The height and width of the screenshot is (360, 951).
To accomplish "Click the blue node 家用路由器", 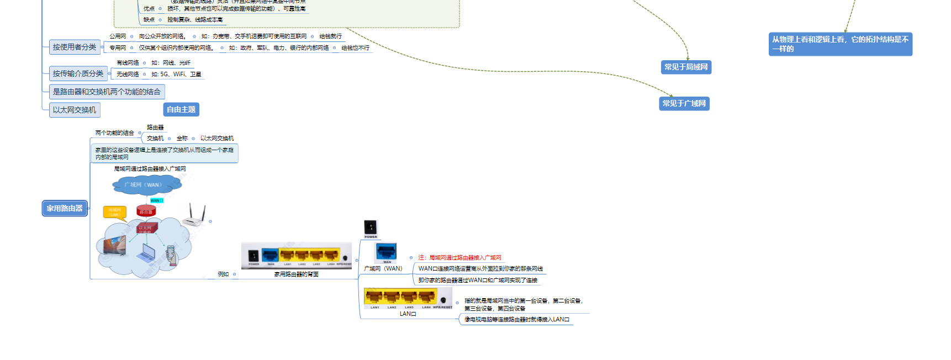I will tap(65, 208).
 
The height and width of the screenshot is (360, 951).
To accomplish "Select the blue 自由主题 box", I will tap(181, 109).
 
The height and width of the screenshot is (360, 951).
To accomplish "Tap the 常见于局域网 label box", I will tap(686, 67).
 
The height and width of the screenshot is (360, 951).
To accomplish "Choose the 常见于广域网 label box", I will tap(684, 103).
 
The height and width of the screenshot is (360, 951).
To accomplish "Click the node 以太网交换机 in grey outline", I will tap(75, 110).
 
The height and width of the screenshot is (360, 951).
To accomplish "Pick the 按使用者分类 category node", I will tap(75, 47).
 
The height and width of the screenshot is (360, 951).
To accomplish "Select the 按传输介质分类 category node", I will tap(78, 73).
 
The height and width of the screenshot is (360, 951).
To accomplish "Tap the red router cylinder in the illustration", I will tap(146, 210).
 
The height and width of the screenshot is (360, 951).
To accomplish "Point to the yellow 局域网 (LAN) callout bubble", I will tap(115, 212).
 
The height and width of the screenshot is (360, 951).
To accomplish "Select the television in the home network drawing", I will tap(114, 245).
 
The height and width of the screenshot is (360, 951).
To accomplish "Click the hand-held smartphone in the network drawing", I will tap(172, 255).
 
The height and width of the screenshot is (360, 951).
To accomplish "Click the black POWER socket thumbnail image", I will tap(371, 227).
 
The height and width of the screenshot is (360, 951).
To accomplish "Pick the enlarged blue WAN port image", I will tap(386, 252).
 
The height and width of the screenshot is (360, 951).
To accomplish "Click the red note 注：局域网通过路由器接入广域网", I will tap(459, 257).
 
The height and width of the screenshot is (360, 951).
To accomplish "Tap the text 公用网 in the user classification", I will tap(118, 36).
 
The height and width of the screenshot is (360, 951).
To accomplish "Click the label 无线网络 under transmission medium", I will tap(128, 74).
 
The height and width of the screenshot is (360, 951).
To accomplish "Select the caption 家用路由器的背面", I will tap(296, 274).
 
